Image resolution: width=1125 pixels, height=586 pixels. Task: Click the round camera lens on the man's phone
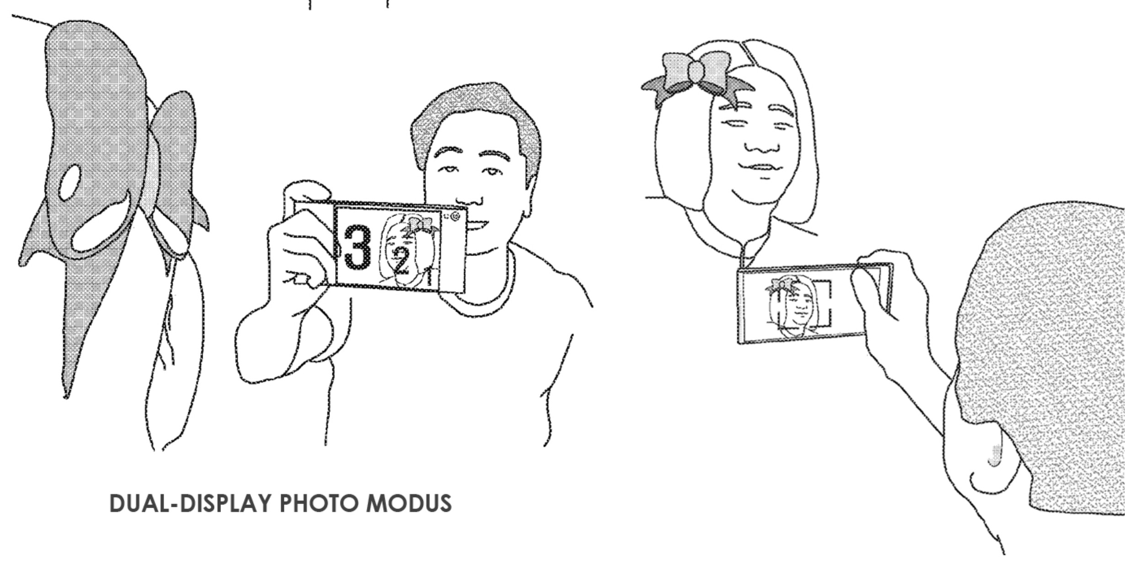point(455,217)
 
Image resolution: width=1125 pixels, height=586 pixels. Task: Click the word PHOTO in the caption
point(318,503)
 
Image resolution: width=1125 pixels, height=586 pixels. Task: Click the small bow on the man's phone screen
point(416,226)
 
